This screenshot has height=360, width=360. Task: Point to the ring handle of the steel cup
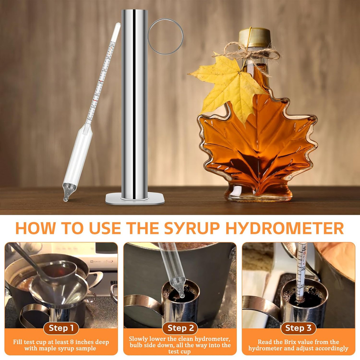[x=166, y=36]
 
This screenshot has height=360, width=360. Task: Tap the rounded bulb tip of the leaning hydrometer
[x=67, y=196]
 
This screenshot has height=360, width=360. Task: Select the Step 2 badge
[x=180, y=328]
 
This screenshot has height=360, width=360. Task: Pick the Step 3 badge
[x=298, y=328]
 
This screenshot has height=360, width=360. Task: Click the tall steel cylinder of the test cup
[x=135, y=101]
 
